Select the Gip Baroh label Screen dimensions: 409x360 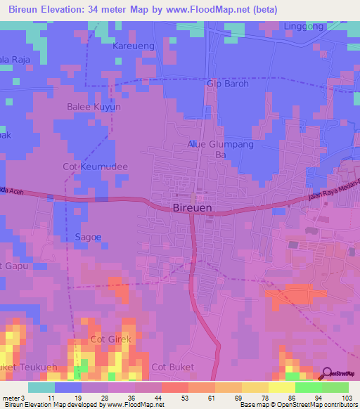pyautogui.click(x=228, y=84)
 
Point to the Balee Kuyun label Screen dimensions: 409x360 pyautogui.click(x=94, y=107)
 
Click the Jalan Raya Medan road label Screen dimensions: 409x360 pyautogui.click(x=333, y=197)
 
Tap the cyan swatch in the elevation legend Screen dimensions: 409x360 pyautogui.click(x=41, y=387)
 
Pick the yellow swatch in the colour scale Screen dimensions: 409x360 pyautogui.click(x=281, y=387)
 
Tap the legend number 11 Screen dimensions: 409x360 pyautogui.click(x=51, y=397)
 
